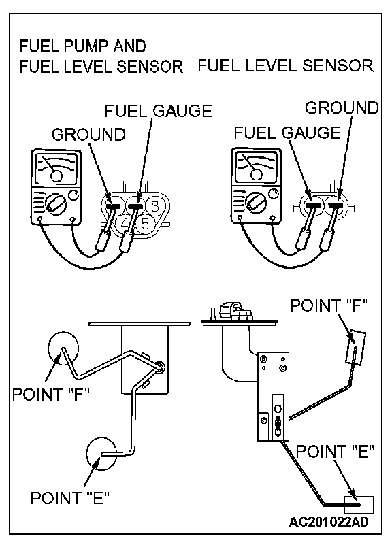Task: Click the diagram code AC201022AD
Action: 328,522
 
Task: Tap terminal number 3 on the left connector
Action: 155,205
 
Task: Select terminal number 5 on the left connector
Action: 145,224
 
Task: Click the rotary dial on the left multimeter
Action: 55,205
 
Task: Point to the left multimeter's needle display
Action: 56,169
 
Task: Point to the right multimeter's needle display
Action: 257,166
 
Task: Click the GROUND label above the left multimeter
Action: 88,134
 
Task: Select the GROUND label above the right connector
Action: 342,107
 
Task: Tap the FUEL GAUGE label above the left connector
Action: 158,111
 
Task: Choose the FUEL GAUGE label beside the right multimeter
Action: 287,133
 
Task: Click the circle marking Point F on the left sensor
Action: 63,348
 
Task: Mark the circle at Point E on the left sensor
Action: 101,454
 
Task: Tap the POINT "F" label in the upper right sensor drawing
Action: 329,305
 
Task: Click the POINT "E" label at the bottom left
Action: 70,498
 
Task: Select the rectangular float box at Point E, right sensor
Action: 359,505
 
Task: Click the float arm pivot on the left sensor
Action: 161,367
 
